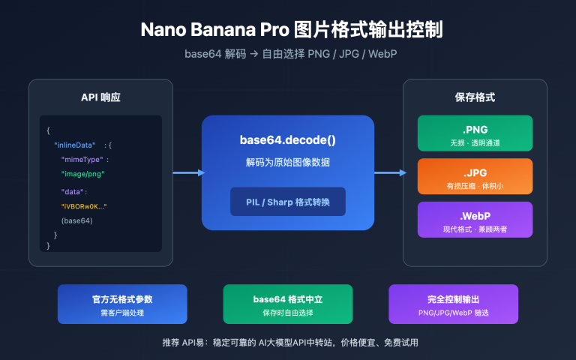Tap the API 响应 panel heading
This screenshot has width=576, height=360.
point(100,98)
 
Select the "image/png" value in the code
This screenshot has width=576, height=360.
point(82,174)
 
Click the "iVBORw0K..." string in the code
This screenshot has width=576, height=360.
point(84,206)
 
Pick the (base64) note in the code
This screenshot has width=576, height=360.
point(77,220)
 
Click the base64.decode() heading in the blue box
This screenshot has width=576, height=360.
point(288,139)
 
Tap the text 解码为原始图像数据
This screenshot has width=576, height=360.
point(288,163)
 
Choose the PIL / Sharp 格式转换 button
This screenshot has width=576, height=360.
point(288,201)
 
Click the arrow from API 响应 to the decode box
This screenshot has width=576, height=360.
point(187,173)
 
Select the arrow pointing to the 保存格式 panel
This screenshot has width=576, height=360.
point(390,173)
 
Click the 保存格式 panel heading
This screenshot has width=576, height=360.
point(475,98)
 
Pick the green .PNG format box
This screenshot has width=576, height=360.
point(475,133)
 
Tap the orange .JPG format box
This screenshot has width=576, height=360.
point(475,176)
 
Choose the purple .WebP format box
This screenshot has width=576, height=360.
point(475,220)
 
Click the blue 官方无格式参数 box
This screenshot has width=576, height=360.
point(121,304)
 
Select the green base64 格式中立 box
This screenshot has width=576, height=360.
point(287,304)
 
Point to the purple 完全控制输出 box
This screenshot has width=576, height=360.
point(453,304)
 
